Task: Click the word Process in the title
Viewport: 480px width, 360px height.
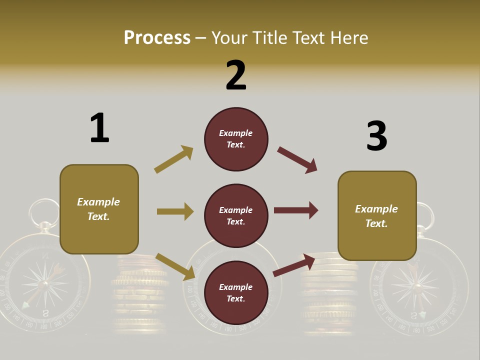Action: (x=157, y=37)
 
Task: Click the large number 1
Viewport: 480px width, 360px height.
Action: (x=99, y=128)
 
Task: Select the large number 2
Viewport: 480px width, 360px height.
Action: (x=236, y=75)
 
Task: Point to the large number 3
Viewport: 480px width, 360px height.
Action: (x=376, y=136)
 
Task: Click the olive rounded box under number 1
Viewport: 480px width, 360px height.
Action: (x=99, y=209)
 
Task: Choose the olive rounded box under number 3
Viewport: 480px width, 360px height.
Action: (x=377, y=215)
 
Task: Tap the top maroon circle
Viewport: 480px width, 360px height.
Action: (x=236, y=139)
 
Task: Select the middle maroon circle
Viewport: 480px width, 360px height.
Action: (x=236, y=215)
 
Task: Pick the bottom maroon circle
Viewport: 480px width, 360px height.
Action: (x=236, y=292)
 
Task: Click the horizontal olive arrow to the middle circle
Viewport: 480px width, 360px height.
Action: (x=175, y=211)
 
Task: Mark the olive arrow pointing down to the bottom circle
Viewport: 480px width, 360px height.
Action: (x=175, y=266)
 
